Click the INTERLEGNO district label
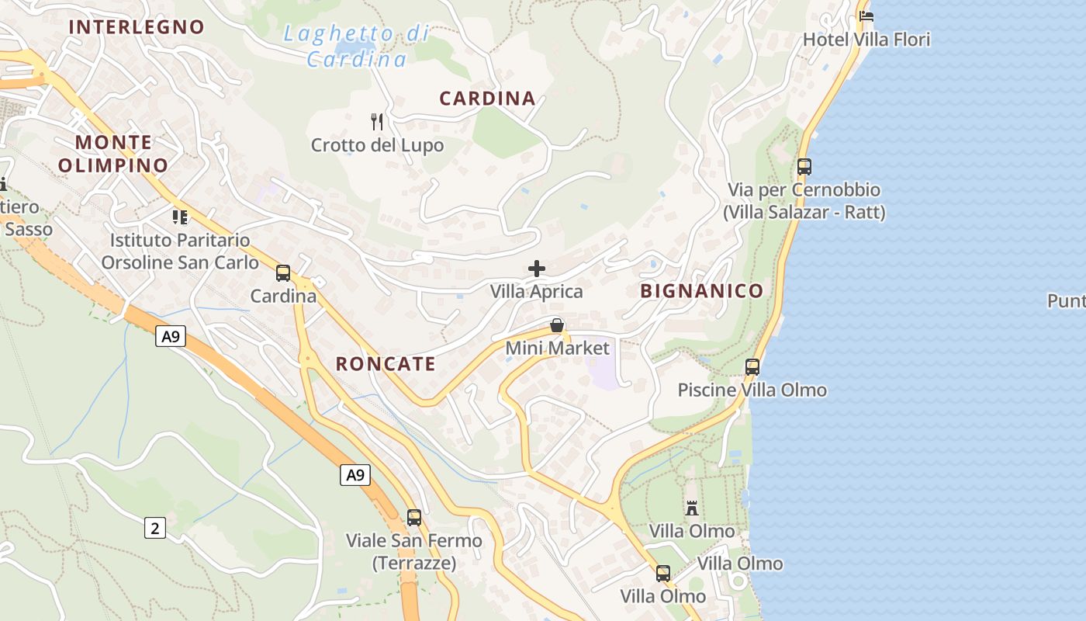click(137, 27)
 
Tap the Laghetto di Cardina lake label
click(357, 46)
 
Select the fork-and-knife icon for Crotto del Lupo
click(377, 121)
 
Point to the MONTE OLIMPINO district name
click(113, 154)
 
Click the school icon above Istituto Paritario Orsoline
click(180, 217)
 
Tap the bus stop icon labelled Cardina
click(283, 273)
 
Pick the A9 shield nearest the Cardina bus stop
click(171, 336)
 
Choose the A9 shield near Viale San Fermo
click(355, 474)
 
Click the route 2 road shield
click(155, 529)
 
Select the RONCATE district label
click(386, 364)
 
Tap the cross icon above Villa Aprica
click(536, 269)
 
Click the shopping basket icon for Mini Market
click(557, 324)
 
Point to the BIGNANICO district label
click(702, 291)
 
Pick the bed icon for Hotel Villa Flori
click(866, 16)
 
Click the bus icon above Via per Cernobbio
click(804, 166)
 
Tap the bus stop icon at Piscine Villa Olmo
click(752, 366)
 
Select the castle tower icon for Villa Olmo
click(692, 508)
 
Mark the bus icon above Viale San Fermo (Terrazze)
click(414, 517)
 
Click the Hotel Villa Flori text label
click(866, 40)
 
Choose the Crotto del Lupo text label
click(378, 145)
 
